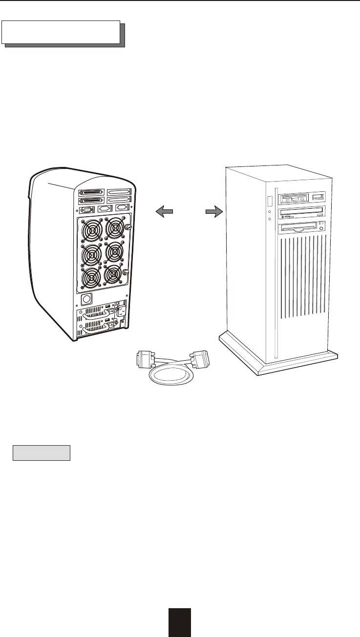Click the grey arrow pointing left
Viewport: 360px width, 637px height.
pos(165,210)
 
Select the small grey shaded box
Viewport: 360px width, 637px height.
pos(42,452)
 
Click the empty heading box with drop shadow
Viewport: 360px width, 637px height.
pos(61,32)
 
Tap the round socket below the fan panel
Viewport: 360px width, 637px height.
pos(86,299)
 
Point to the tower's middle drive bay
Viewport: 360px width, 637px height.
pos(301,212)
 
